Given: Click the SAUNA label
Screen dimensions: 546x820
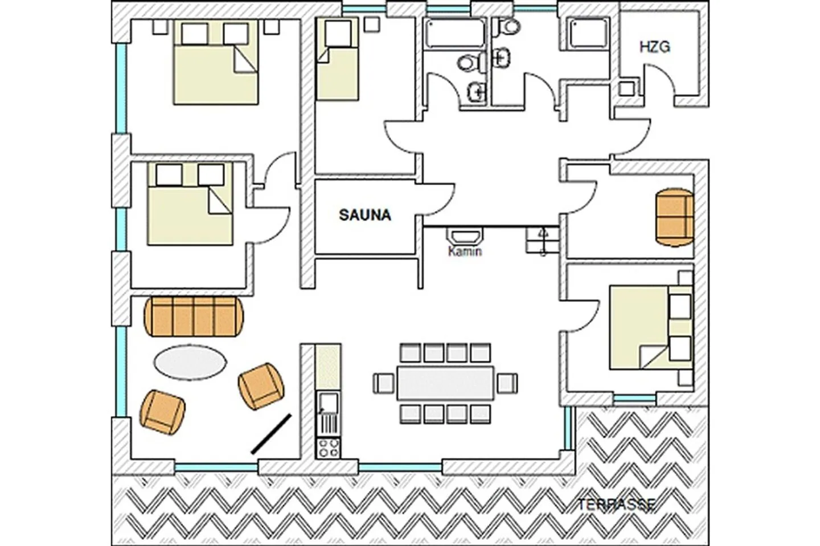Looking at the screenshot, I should coord(365,215).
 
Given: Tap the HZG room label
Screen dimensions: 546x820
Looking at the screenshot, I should coord(654,47).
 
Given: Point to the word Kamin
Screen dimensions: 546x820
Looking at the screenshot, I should coord(465,251).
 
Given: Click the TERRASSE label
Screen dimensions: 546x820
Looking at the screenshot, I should coord(617,504).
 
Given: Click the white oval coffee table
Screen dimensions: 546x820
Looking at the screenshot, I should coord(190,362).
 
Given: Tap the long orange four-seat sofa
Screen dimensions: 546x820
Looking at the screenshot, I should coord(194,317).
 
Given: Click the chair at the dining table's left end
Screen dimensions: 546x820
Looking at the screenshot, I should coord(384,383).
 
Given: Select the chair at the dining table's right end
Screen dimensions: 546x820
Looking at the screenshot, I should coord(507,383).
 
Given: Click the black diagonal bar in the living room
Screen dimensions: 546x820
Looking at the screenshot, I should coord(272,434).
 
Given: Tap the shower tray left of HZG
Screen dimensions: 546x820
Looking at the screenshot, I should coord(588,34).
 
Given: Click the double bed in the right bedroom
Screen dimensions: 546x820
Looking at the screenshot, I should coord(651,327).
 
